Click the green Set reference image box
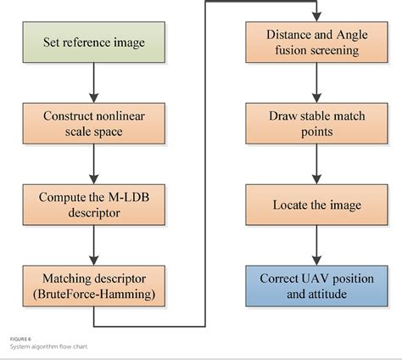coord(95,43)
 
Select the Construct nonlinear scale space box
coord(95,124)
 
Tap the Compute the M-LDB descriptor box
coord(95,205)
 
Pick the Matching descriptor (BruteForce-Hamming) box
coord(95,285)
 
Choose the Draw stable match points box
coord(315,124)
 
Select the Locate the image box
coord(315,205)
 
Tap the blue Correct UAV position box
coord(315,285)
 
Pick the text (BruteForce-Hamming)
coord(95,294)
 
